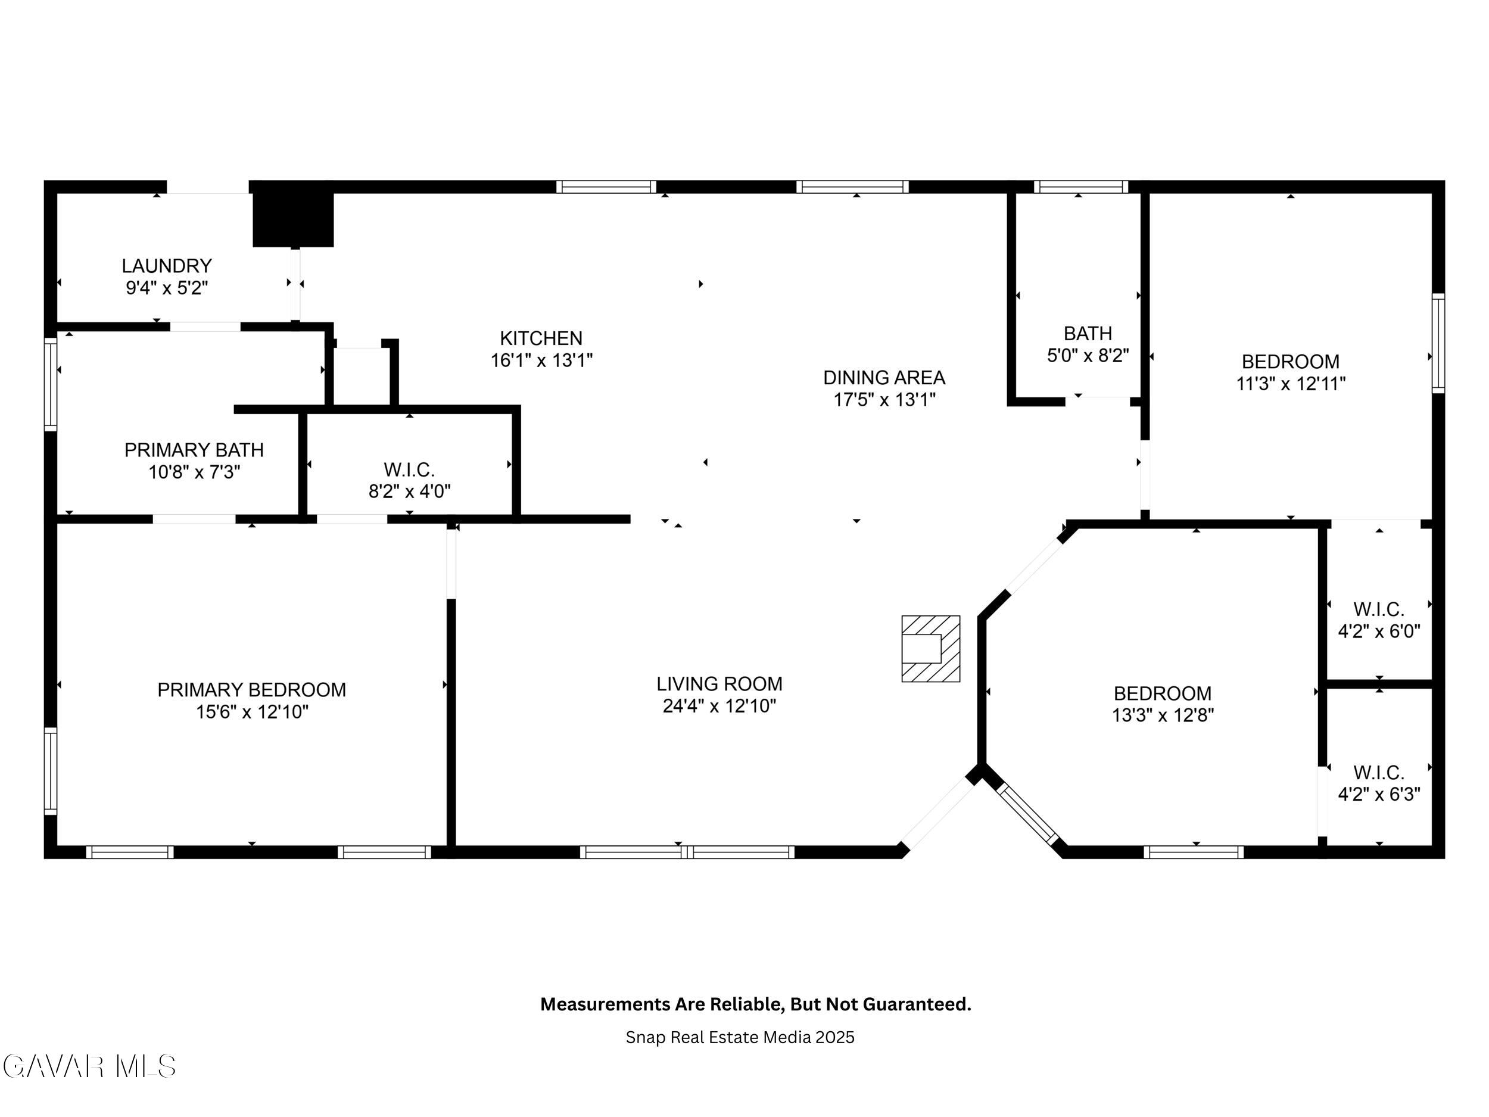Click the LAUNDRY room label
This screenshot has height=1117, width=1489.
[167, 266]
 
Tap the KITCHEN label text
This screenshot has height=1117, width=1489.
[541, 338]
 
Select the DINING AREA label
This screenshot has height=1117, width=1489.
[884, 378]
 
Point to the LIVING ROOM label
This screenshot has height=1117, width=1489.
[719, 684]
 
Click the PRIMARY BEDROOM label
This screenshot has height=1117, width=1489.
[252, 689]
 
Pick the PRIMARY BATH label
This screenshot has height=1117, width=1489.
[194, 450]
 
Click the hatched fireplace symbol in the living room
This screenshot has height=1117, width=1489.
[930, 648]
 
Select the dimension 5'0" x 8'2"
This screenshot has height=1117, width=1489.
[1088, 356]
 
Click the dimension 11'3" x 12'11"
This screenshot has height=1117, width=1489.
[1291, 384]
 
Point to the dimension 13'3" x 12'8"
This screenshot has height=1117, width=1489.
[1163, 715]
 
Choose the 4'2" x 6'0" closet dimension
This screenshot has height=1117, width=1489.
[1379, 631]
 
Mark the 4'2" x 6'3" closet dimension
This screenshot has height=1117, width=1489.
[1379, 795]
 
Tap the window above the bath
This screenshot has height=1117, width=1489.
[1081, 186]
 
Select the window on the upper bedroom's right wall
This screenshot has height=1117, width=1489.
[1438, 343]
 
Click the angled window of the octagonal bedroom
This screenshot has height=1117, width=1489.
[1027, 813]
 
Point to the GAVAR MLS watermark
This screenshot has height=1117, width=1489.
[89, 1066]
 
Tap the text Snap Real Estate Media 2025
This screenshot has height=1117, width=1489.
[740, 1038]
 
